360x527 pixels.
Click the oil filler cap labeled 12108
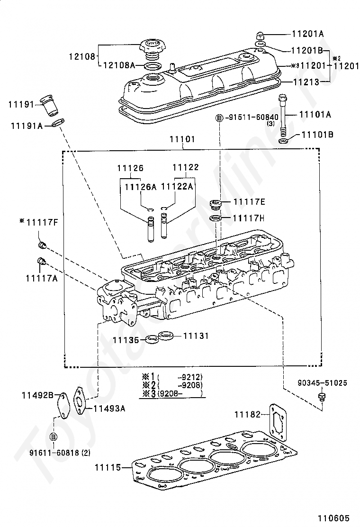pos(151,47)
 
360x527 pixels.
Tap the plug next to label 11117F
pos(42,245)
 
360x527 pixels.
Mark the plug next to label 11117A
pos(41,261)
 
